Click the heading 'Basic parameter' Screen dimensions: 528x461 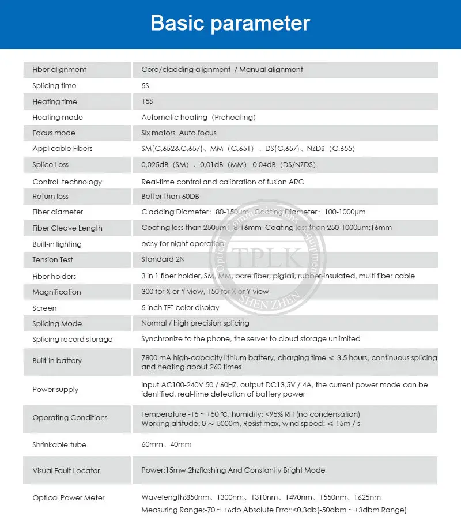pyautogui.click(x=231, y=24)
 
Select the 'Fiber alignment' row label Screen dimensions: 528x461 pyautogui.click(x=59, y=70)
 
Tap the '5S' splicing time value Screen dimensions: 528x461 pyautogui.click(x=145, y=86)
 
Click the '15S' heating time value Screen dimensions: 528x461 pyautogui.click(x=148, y=102)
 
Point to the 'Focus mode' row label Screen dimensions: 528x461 pyautogui.click(x=54, y=133)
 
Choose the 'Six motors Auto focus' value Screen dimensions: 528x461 pyautogui.click(x=179, y=133)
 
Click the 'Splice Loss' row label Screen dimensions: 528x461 pyautogui.click(x=50, y=165)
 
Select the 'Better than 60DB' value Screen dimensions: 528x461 pyautogui.click(x=170, y=197)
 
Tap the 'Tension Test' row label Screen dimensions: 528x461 pyautogui.click(x=52, y=260)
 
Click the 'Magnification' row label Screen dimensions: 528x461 pyautogui.click(x=56, y=292)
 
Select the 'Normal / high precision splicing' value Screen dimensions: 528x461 pyautogui.click(x=195, y=323)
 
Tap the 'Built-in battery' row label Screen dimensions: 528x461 pyautogui.click(x=57, y=361)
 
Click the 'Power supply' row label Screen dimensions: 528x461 pyautogui.click(x=55, y=390)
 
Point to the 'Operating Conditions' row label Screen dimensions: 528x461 pyautogui.click(x=70, y=418)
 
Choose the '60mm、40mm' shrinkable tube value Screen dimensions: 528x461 pyautogui.click(x=167, y=444)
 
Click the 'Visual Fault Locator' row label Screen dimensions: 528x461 pyautogui.click(x=66, y=471)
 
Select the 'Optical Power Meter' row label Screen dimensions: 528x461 pyautogui.click(x=69, y=498)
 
